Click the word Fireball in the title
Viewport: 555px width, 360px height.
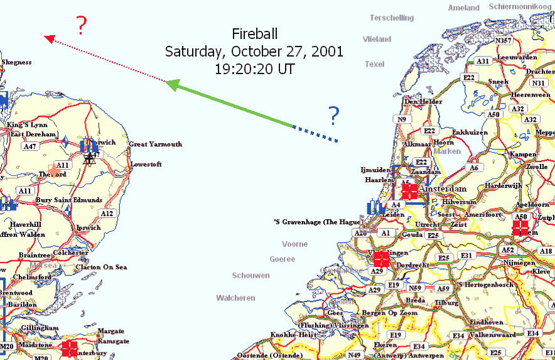[x=254, y=34]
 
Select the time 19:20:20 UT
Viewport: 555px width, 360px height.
[x=254, y=69]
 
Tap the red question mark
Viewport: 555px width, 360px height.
[x=81, y=26]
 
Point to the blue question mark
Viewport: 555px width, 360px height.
[x=333, y=115]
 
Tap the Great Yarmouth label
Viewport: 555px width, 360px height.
[x=155, y=145]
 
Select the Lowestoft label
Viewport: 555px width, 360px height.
[x=146, y=165]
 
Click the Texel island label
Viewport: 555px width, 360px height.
[x=374, y=64]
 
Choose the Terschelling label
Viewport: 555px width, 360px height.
[x=392, y=18]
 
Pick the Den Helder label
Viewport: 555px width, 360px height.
[x=419, y=101]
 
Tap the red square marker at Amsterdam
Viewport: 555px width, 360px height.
[x=409, y=192]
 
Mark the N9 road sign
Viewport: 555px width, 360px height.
[x=401, y=119]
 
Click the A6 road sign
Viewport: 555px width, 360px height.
[x=474, y=168]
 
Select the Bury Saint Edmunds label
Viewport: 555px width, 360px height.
[x=69, y=200]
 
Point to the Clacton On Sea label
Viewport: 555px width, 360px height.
[x=101, y=268]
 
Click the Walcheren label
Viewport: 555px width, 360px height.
[x=236, y=298]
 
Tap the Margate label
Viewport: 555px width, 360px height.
[x=112, y=331]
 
